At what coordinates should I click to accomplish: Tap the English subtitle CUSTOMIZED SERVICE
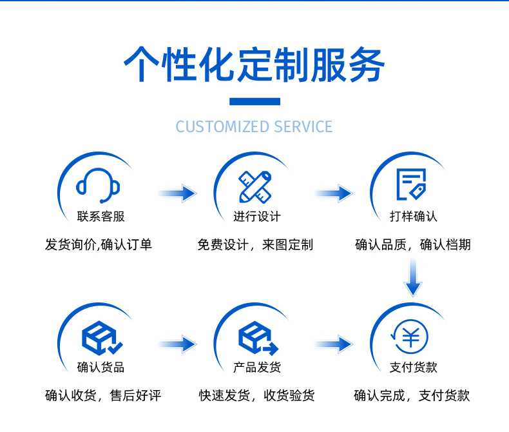[254, 126]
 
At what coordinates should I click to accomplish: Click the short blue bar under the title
[254, 101]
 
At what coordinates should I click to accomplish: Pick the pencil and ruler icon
[254, 186]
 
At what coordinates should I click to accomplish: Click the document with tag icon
[411, 185]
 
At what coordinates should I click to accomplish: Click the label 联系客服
[101, 217]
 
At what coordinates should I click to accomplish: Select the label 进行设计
[256, 217]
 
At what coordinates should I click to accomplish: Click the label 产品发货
[256, 368]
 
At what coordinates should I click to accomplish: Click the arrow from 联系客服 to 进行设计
[177, 193]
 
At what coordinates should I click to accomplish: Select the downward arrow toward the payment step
[412, 277]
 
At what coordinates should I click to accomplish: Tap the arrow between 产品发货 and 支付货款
[333, 344]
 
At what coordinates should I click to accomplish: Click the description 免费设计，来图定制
[255, 245]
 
